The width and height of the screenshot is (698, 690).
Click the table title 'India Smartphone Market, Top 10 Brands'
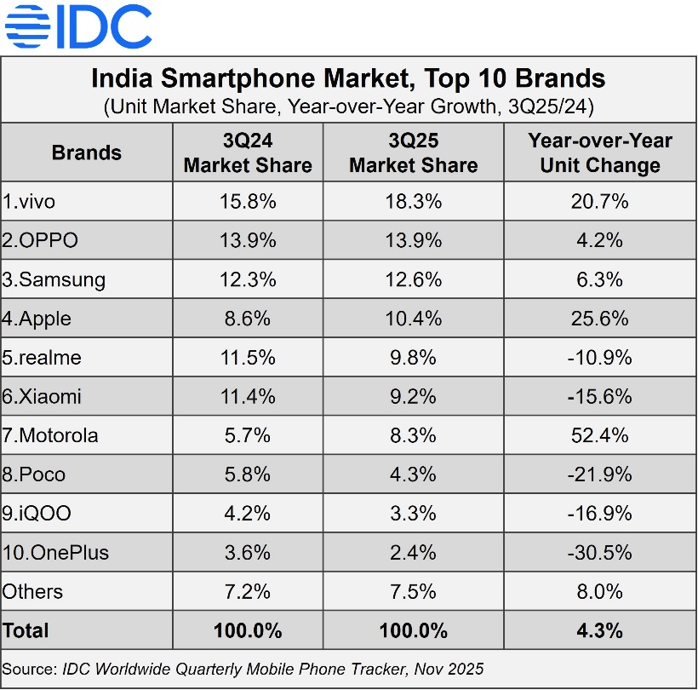[348, 79]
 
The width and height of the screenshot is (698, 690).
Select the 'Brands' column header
[87, 152]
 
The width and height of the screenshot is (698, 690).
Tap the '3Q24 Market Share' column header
[248, 152]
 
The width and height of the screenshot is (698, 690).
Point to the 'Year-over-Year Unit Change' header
[600, 152]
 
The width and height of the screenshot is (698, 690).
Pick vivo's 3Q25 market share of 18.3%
[413, 202]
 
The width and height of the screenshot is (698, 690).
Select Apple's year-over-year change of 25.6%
[600, 319]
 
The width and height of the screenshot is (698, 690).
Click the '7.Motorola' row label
[50, 435]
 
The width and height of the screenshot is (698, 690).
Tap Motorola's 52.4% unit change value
[600, 435]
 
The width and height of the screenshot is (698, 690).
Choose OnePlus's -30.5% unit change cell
[600, 552]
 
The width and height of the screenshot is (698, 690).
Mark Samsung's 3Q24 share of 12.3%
[248, 279]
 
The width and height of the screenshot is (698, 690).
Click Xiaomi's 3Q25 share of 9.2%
[413, 396]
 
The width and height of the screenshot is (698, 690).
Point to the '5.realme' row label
[42, 358]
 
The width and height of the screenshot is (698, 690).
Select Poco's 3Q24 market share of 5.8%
[248, 474]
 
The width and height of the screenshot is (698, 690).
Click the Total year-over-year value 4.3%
[600, 630]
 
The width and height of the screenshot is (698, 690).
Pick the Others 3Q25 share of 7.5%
[413, 591]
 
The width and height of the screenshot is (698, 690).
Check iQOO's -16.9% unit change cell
[600, 514]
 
